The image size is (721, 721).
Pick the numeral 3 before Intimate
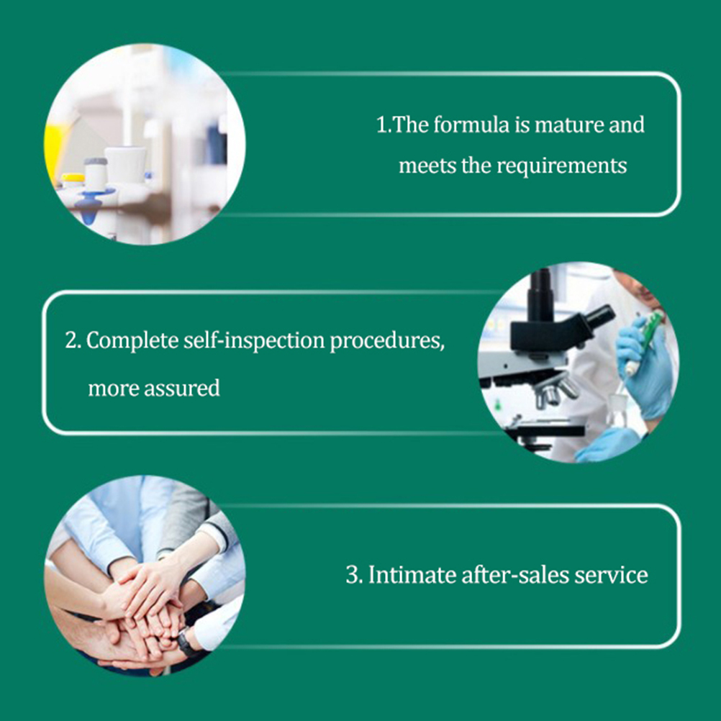[x=351, y=575]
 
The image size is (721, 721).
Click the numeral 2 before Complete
[x=71, y=341]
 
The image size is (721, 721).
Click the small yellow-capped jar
[x=73, y=181]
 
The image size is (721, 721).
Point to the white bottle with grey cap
[x=96, y=174]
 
